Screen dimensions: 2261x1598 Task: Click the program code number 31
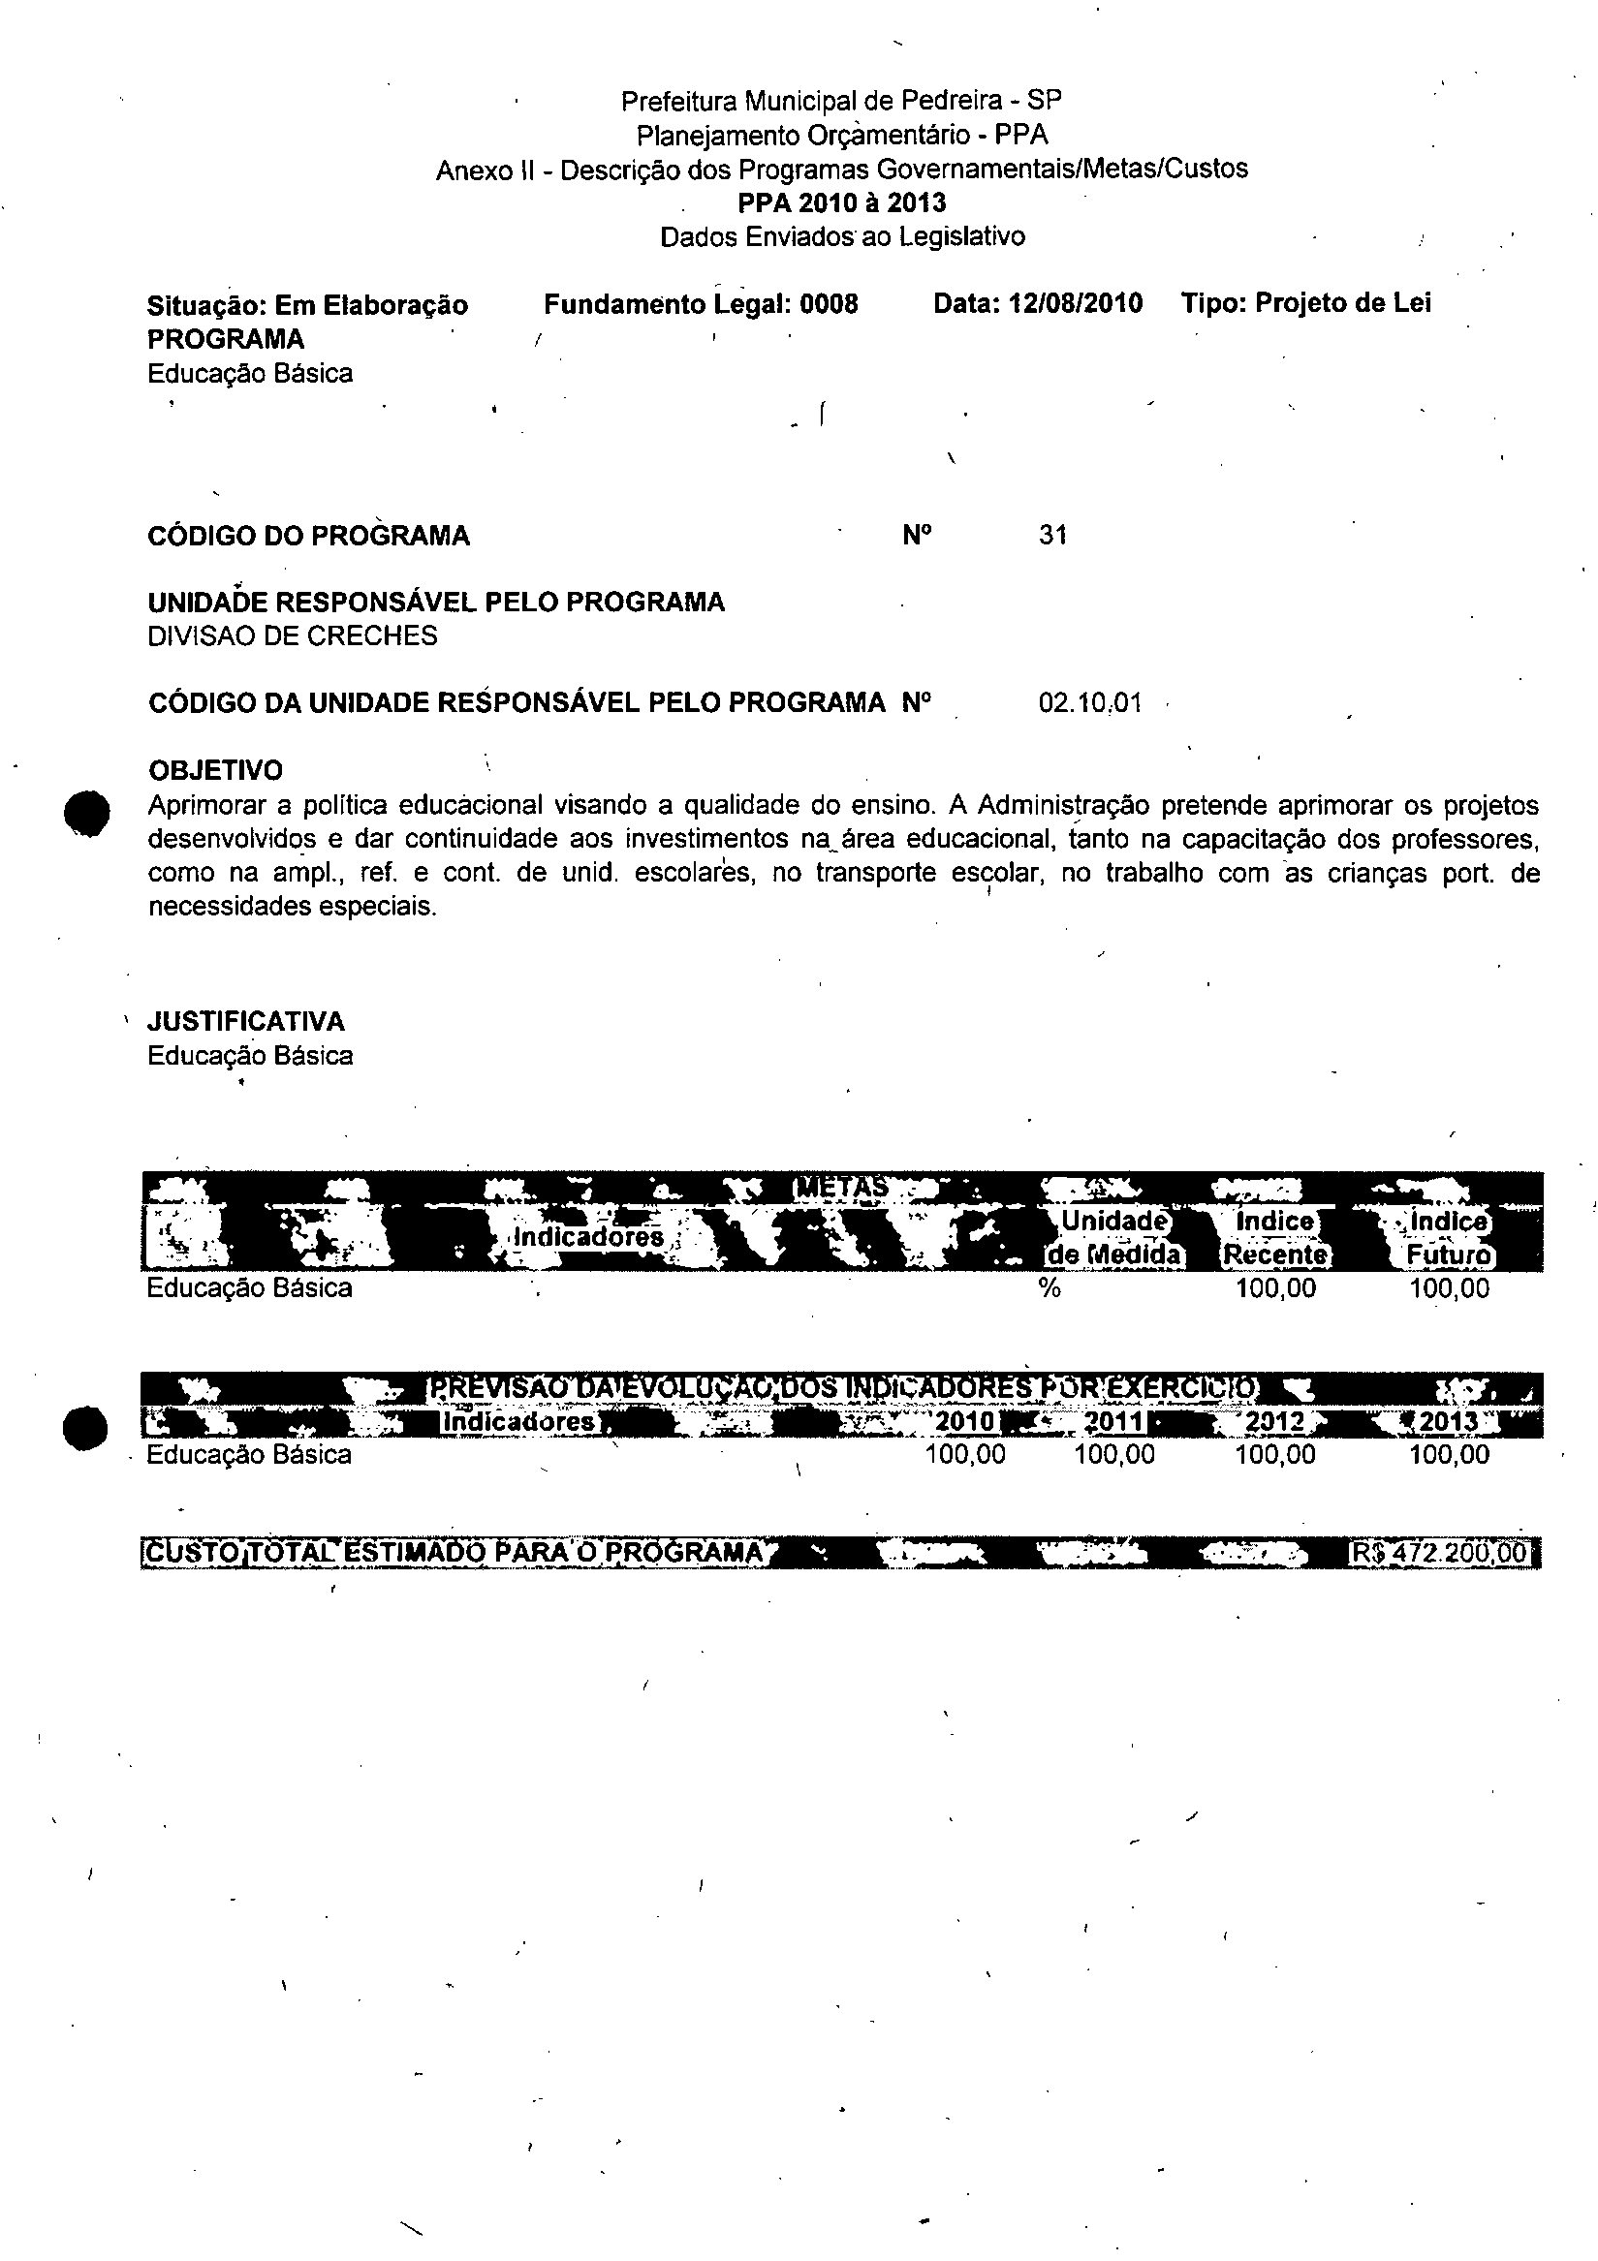tap(1052, 536)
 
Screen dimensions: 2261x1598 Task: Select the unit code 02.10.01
tap(1089, 703)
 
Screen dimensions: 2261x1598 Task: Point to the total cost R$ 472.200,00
tap(1439, 1553)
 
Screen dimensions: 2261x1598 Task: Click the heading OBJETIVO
tap(215, 770)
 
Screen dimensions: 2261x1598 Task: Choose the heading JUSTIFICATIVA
tap(246, 1021)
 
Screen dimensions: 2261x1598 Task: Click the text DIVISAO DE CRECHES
tap(293, 636)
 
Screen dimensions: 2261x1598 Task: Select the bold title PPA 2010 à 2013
tap(841, 202)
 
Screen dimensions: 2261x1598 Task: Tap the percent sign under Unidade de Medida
tap(1050, 1289)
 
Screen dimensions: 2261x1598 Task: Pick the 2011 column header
tap(1113, 1422)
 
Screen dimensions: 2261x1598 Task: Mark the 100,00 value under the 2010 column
tap(965, 1455)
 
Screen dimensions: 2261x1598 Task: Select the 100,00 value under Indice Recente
tap(1276, 1289)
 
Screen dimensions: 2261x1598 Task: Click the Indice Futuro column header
tap(1448, 1238)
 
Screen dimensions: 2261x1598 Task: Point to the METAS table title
tap(841, 1188)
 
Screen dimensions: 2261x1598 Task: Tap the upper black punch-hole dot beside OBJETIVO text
tap(85, 814)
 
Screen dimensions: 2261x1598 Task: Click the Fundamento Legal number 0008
tap(829, 304)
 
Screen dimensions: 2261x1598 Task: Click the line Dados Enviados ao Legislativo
tap(842, 237)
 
